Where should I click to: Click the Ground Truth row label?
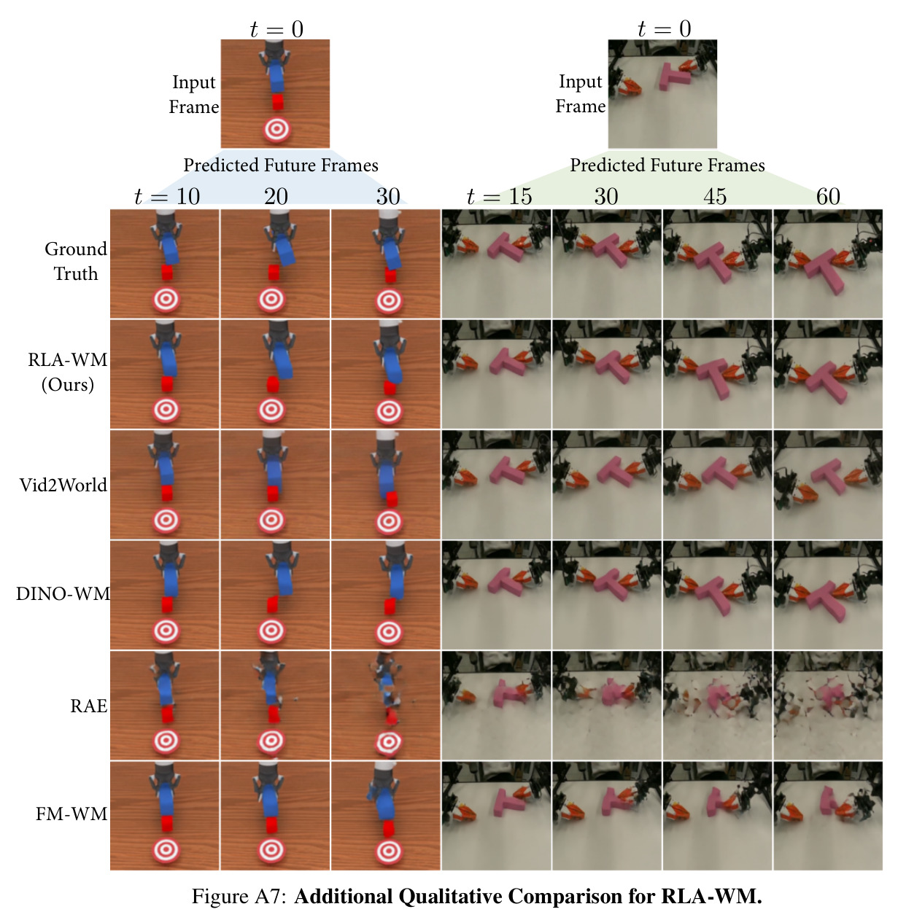tap(76, 262)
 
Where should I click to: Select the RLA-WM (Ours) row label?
tap(68, 372)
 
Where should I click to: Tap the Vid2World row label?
tap(63, 485)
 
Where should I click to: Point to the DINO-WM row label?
tap(63, 593)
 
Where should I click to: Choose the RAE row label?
tap(89, 706)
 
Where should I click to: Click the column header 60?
tap(828, 196)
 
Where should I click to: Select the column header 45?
tap(715, 196)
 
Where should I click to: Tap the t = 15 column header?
tap(499, 196)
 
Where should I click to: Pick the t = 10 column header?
tap(167, 196)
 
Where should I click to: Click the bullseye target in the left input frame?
tap(276, 130)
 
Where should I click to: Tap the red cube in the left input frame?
tap(278, 101)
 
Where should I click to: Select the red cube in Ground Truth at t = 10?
tap(167, 273)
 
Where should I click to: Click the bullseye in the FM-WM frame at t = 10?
tap(166, 851)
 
